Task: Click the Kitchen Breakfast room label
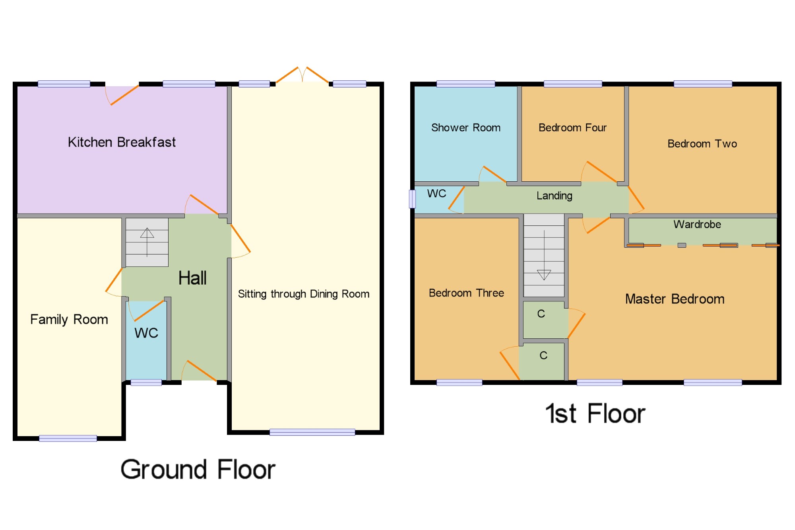(x=122, y=142)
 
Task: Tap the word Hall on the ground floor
(x=192, y=278)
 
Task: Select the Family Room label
(x=69, y=319)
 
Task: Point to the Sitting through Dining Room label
(x=304, y=294)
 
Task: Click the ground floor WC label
(x=146, y=333)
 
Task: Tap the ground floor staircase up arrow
(x=147, y=242)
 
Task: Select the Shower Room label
(x=466, y=128)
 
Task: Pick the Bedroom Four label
(x=572, y=128)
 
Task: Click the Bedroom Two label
(x=702, y=144)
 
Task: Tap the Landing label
(x=555, y=196)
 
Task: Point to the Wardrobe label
(x=697, y=224)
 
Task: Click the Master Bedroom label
(x=675, y=299)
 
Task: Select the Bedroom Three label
(x=466, y=293)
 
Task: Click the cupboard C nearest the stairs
(x=541, y=314)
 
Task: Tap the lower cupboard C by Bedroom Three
(x=543, y=355)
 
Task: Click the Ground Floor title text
(x=198, y=470)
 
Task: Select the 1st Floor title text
(x=595, y=414)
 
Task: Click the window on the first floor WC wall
(x=412, y=199)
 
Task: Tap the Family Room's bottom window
(x=68, y=439)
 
